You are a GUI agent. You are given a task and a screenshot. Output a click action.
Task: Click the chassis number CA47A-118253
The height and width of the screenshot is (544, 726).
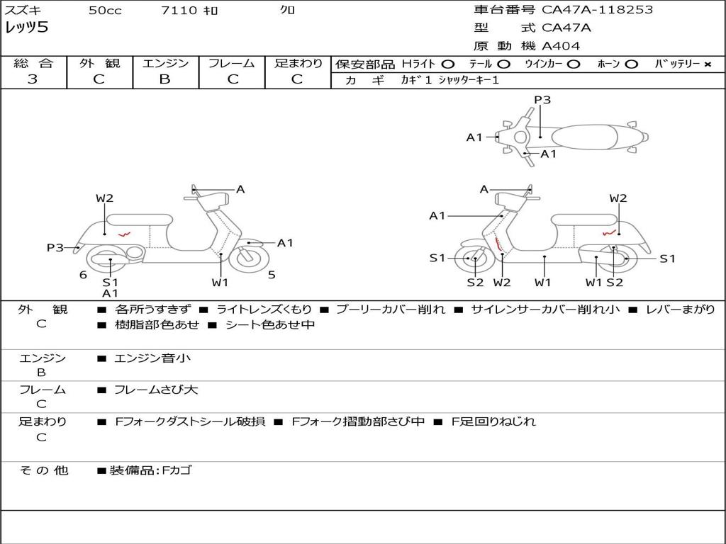tap(597, 10)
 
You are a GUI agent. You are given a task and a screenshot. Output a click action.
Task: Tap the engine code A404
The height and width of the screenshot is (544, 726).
tap(561, 46)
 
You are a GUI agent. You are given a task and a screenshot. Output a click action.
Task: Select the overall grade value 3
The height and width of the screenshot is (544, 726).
tap(33, 79)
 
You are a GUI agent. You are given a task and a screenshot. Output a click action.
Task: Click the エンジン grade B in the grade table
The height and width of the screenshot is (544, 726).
tap(164, 79)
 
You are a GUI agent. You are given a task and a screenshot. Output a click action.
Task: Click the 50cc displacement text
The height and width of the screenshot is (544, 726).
tap(105, 11)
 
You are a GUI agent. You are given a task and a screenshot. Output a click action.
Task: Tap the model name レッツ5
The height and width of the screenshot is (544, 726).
tap(26, 28)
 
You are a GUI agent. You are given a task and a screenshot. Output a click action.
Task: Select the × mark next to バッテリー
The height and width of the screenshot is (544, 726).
tap(707, 64)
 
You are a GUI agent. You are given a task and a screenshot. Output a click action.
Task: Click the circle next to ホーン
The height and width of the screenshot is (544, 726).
tap(632, 64)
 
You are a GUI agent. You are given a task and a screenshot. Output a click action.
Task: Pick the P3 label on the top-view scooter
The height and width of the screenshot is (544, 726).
tap(542, 100)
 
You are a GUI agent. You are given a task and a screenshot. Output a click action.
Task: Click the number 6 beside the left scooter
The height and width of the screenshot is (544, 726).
tap(83, 275)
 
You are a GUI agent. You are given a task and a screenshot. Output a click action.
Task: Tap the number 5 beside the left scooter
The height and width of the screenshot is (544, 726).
tap(272, 275)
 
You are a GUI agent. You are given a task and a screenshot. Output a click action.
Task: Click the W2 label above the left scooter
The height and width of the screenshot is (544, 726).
tap(104, 198)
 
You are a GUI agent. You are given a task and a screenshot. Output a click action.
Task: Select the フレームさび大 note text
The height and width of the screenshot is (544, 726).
tap(156, 390)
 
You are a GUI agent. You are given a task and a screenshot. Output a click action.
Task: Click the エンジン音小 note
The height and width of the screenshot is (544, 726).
tap(152, 358)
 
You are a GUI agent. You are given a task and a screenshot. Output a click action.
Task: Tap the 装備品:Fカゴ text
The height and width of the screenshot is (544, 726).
tap(150, 470)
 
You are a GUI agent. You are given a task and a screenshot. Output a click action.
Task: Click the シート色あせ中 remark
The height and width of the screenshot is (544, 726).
tap(269, 325)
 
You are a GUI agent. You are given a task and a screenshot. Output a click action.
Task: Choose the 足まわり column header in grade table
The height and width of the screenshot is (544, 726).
tap(298, 64)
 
